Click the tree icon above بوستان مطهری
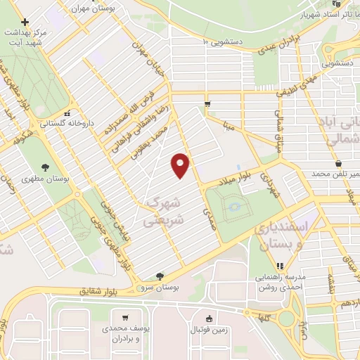pyautogui.click(x=45, y=167)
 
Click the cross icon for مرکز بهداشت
pyautogui.click(x=25, y=22)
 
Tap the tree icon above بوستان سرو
pyautogui.click(x=161, y=276)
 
